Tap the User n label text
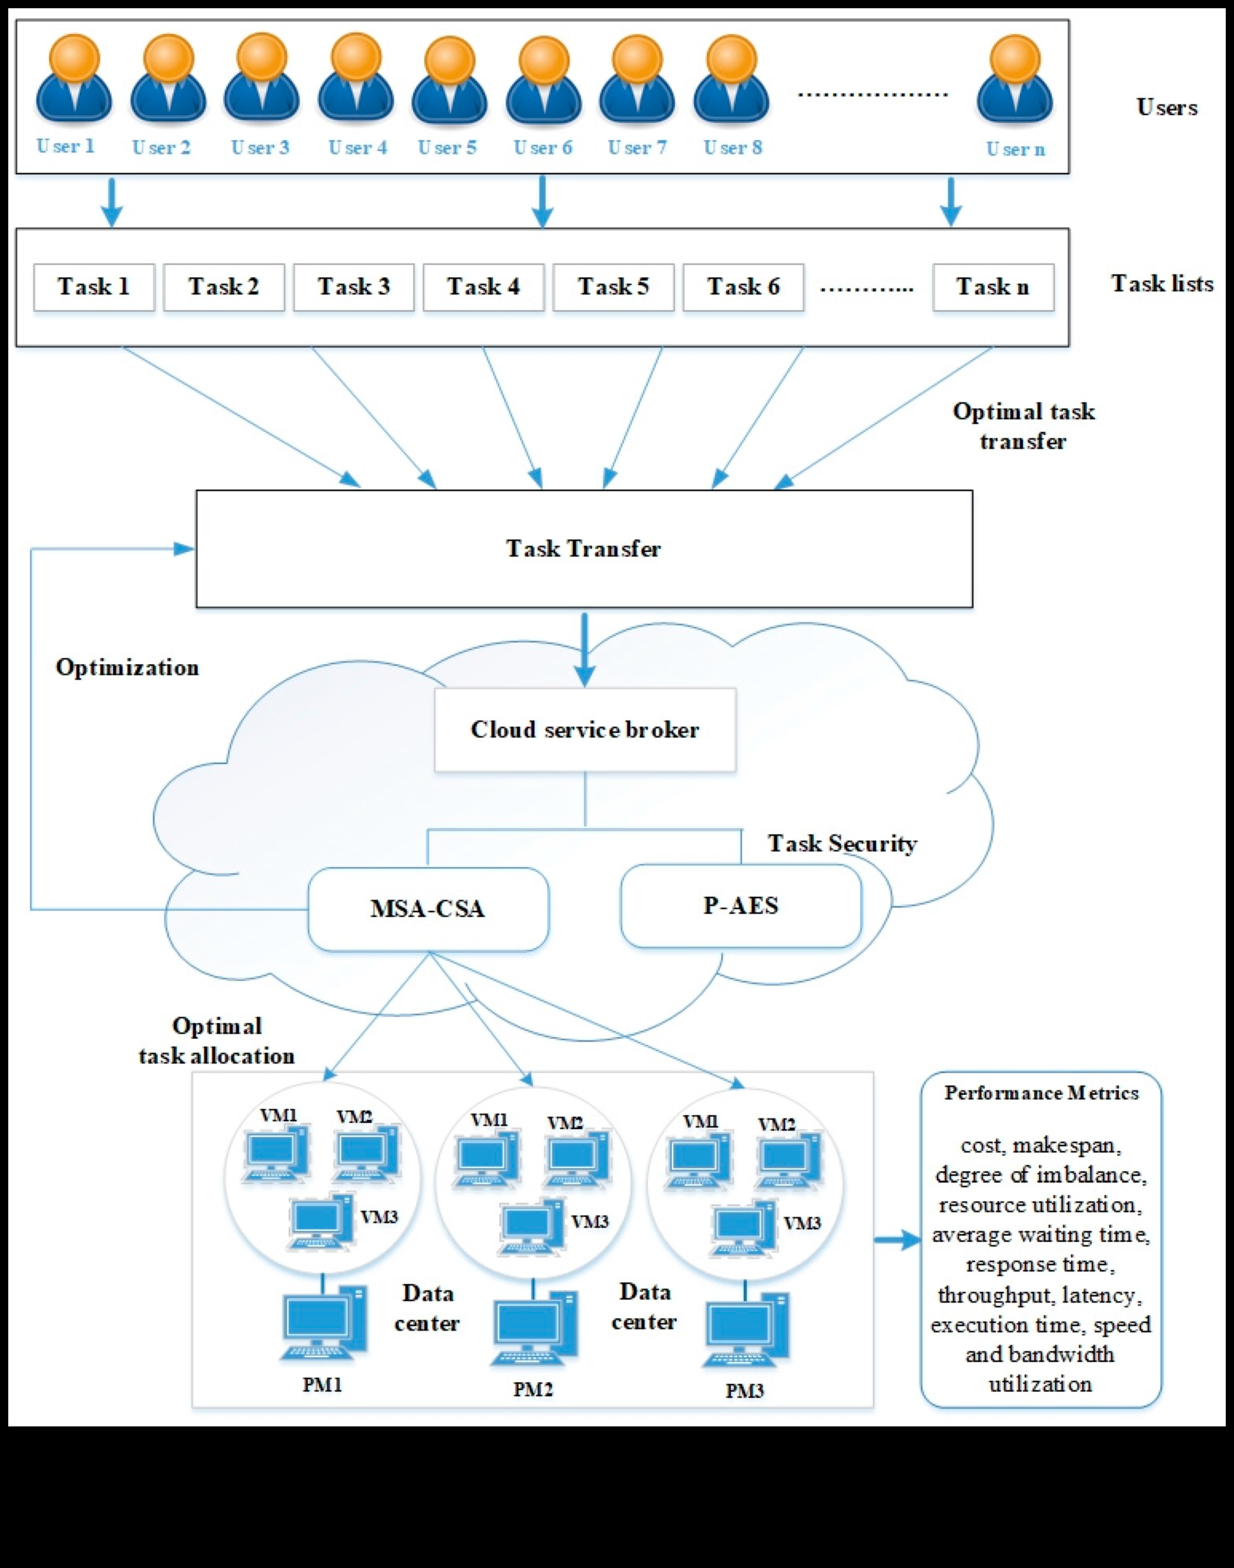(1015, 149)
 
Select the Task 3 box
(353, 287)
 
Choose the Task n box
(993, 287)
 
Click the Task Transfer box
(584, 548)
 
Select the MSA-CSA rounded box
(428, 908)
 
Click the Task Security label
(842, 843)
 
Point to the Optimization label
(127, 667)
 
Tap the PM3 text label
(744, 1391)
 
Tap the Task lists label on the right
(1162, 283)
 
